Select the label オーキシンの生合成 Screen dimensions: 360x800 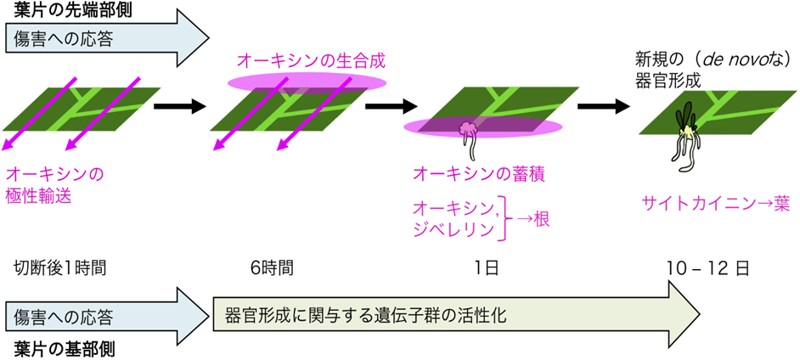[303, 60]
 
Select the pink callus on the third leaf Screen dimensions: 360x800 [467, 131]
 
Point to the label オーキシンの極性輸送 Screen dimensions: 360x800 [53, 184]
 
